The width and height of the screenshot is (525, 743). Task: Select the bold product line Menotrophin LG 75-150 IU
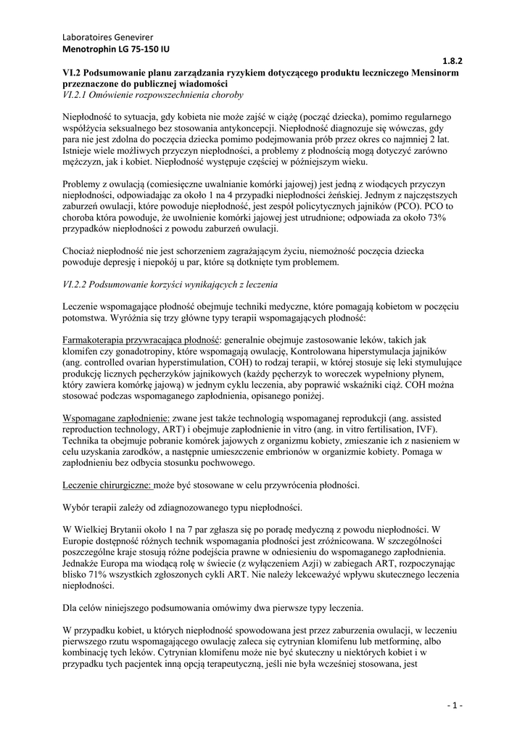(x=116, y=49)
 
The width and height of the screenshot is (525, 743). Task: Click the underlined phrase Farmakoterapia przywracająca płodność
(x=141, y=340)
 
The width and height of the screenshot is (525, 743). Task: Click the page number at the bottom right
(x=455, y=705)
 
